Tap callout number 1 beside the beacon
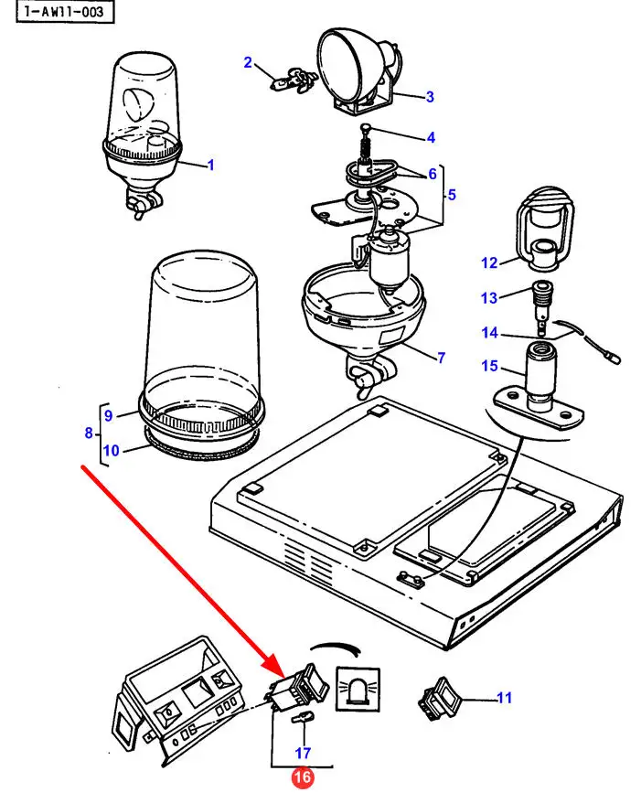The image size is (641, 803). (x=210, y=166)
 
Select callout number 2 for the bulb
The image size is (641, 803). (x=247, y=62)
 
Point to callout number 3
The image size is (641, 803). (x=430, y=95)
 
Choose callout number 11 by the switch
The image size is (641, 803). (x=504, y=699)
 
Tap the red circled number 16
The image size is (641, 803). (x=302, y=778)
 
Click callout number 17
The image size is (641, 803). (x=302, y=754)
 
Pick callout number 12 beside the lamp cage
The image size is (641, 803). (x=489, y=263)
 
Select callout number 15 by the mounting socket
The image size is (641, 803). (x=489, y=368)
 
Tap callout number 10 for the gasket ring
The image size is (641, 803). (x=111, y=450)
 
